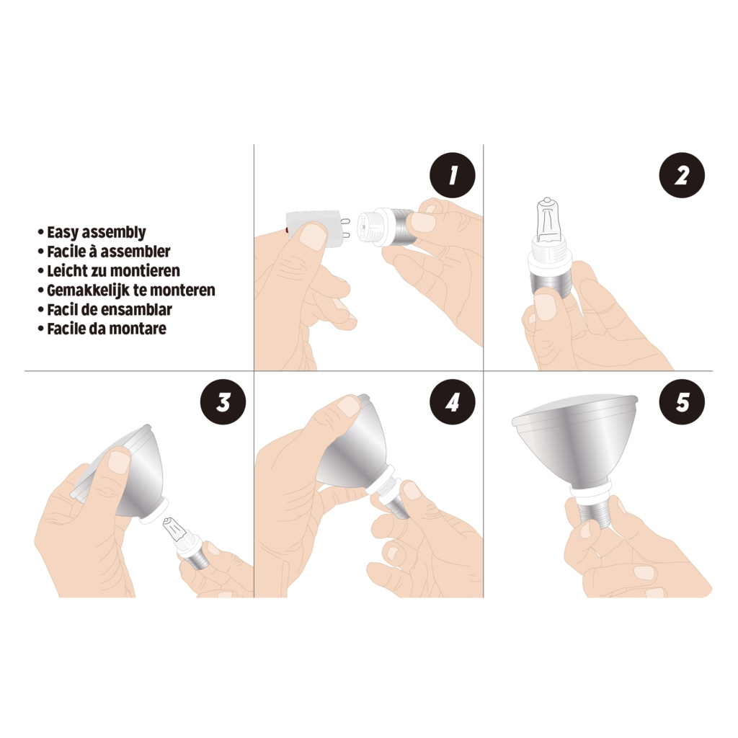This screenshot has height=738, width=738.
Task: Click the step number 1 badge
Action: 453,175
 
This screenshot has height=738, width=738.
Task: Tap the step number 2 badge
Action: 682,175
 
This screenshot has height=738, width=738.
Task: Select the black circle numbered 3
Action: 223,402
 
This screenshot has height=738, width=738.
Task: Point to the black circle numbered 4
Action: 453,402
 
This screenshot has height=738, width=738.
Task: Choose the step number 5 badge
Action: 682,402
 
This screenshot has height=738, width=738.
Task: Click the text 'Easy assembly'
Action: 97,232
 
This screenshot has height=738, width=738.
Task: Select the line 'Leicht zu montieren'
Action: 113,271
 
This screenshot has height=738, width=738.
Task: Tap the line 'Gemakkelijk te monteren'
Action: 131,290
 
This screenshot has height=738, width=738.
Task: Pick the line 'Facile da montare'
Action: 107,329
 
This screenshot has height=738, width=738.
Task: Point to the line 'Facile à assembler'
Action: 108,252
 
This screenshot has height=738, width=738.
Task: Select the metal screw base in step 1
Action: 399,227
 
